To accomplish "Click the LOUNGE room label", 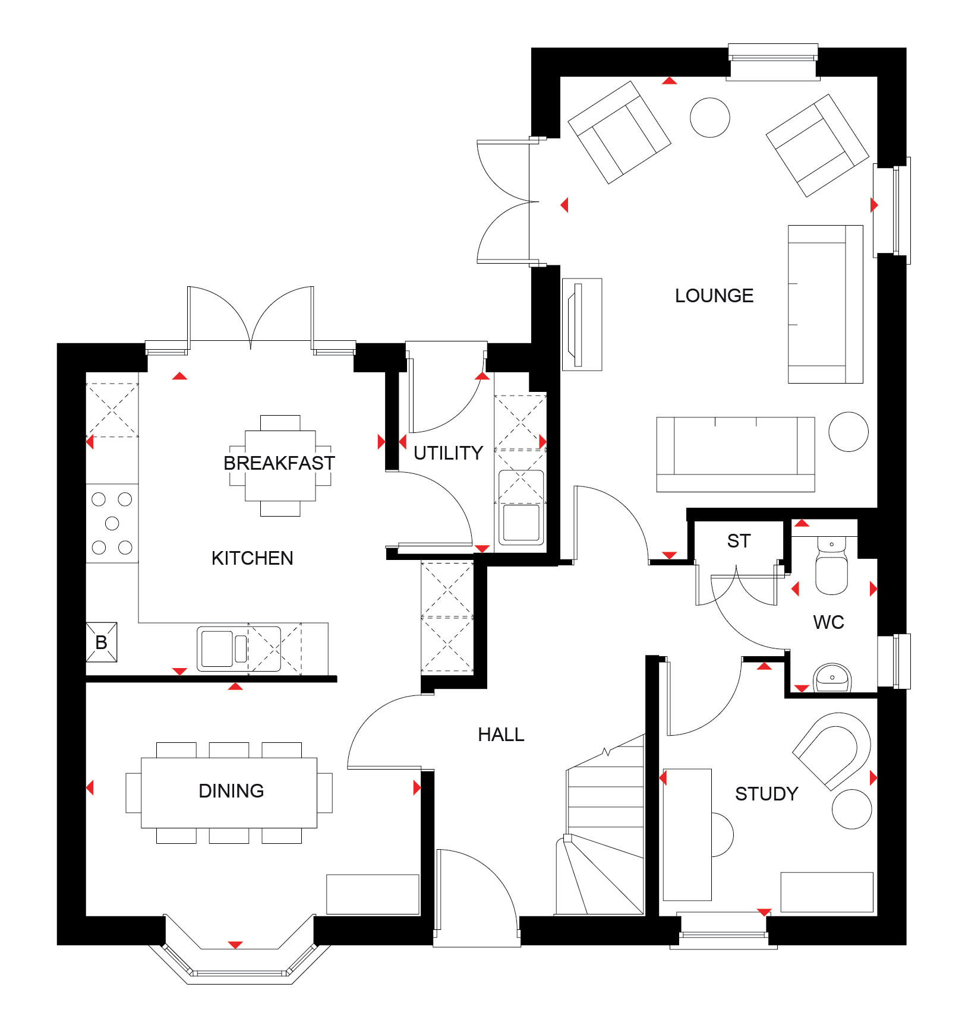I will (x=714, y=295).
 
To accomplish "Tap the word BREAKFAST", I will (x=279, y=463).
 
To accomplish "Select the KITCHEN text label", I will (x=252, y=558).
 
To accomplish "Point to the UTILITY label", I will (x=448, y=452).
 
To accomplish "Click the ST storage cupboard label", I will (x=739, y=540).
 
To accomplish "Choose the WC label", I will (x=828, y=622).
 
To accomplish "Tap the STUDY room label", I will (x=767, y=793).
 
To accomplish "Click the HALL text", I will (x=501, y=735).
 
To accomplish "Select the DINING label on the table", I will (x=231, y=790).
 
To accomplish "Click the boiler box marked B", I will (x=102, y=642).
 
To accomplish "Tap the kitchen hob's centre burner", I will (x=112, y=523).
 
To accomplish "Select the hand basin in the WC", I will (x=832, y=678).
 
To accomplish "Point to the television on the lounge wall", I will (x=576, y=324).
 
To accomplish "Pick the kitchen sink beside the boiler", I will (x=217, y=648).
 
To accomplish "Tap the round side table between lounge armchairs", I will (x=709, y=118).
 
